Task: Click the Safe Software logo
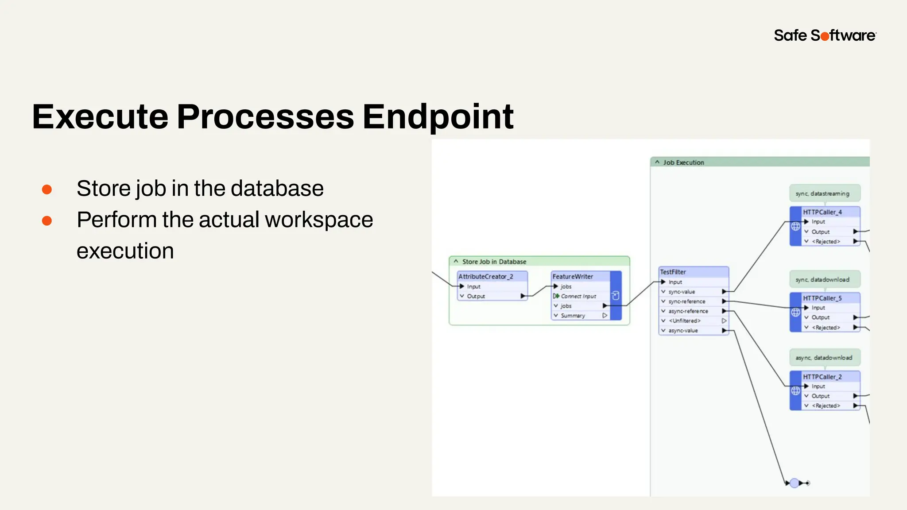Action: [825, 35]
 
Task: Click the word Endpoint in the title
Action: [438, 117]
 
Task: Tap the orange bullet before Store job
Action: [47, 189]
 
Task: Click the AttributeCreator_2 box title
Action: [486, 277]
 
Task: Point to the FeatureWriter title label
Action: [573, 277]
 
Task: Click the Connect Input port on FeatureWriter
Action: [578, 296]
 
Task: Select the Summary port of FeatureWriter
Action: [573, 316]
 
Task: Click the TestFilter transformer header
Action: [673, 272]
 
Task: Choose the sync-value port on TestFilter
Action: [682, 292]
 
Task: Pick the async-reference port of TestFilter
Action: [688, 311]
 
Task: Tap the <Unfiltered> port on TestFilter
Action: [684, 321]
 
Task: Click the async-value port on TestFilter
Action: [683, 331]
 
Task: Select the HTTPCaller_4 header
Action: [822, 212]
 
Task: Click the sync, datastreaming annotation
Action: [822, 193]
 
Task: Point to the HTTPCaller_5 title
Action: [822, 298]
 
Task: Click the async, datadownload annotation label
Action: [824, 358]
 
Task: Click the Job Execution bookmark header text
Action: [683, 162]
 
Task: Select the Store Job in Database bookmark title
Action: [494, 262]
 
